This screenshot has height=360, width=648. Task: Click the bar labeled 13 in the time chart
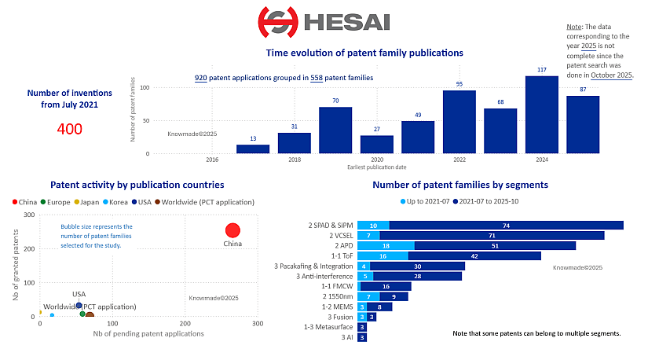[253, 149]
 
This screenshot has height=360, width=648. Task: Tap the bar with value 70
[335, 130]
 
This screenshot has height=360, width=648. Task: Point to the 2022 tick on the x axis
[459, 160]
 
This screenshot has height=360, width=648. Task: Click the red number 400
[70, 128]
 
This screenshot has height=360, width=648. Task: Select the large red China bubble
[232, 230]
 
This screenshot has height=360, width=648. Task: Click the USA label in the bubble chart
[79, 294]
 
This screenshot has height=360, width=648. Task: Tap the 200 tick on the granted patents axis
[30, 249]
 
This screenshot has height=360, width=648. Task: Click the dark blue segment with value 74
[506, 226]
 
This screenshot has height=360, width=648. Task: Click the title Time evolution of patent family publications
[364, 53]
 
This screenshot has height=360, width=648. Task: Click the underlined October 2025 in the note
[612, 75]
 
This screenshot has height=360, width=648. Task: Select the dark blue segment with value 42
[474, 255]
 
